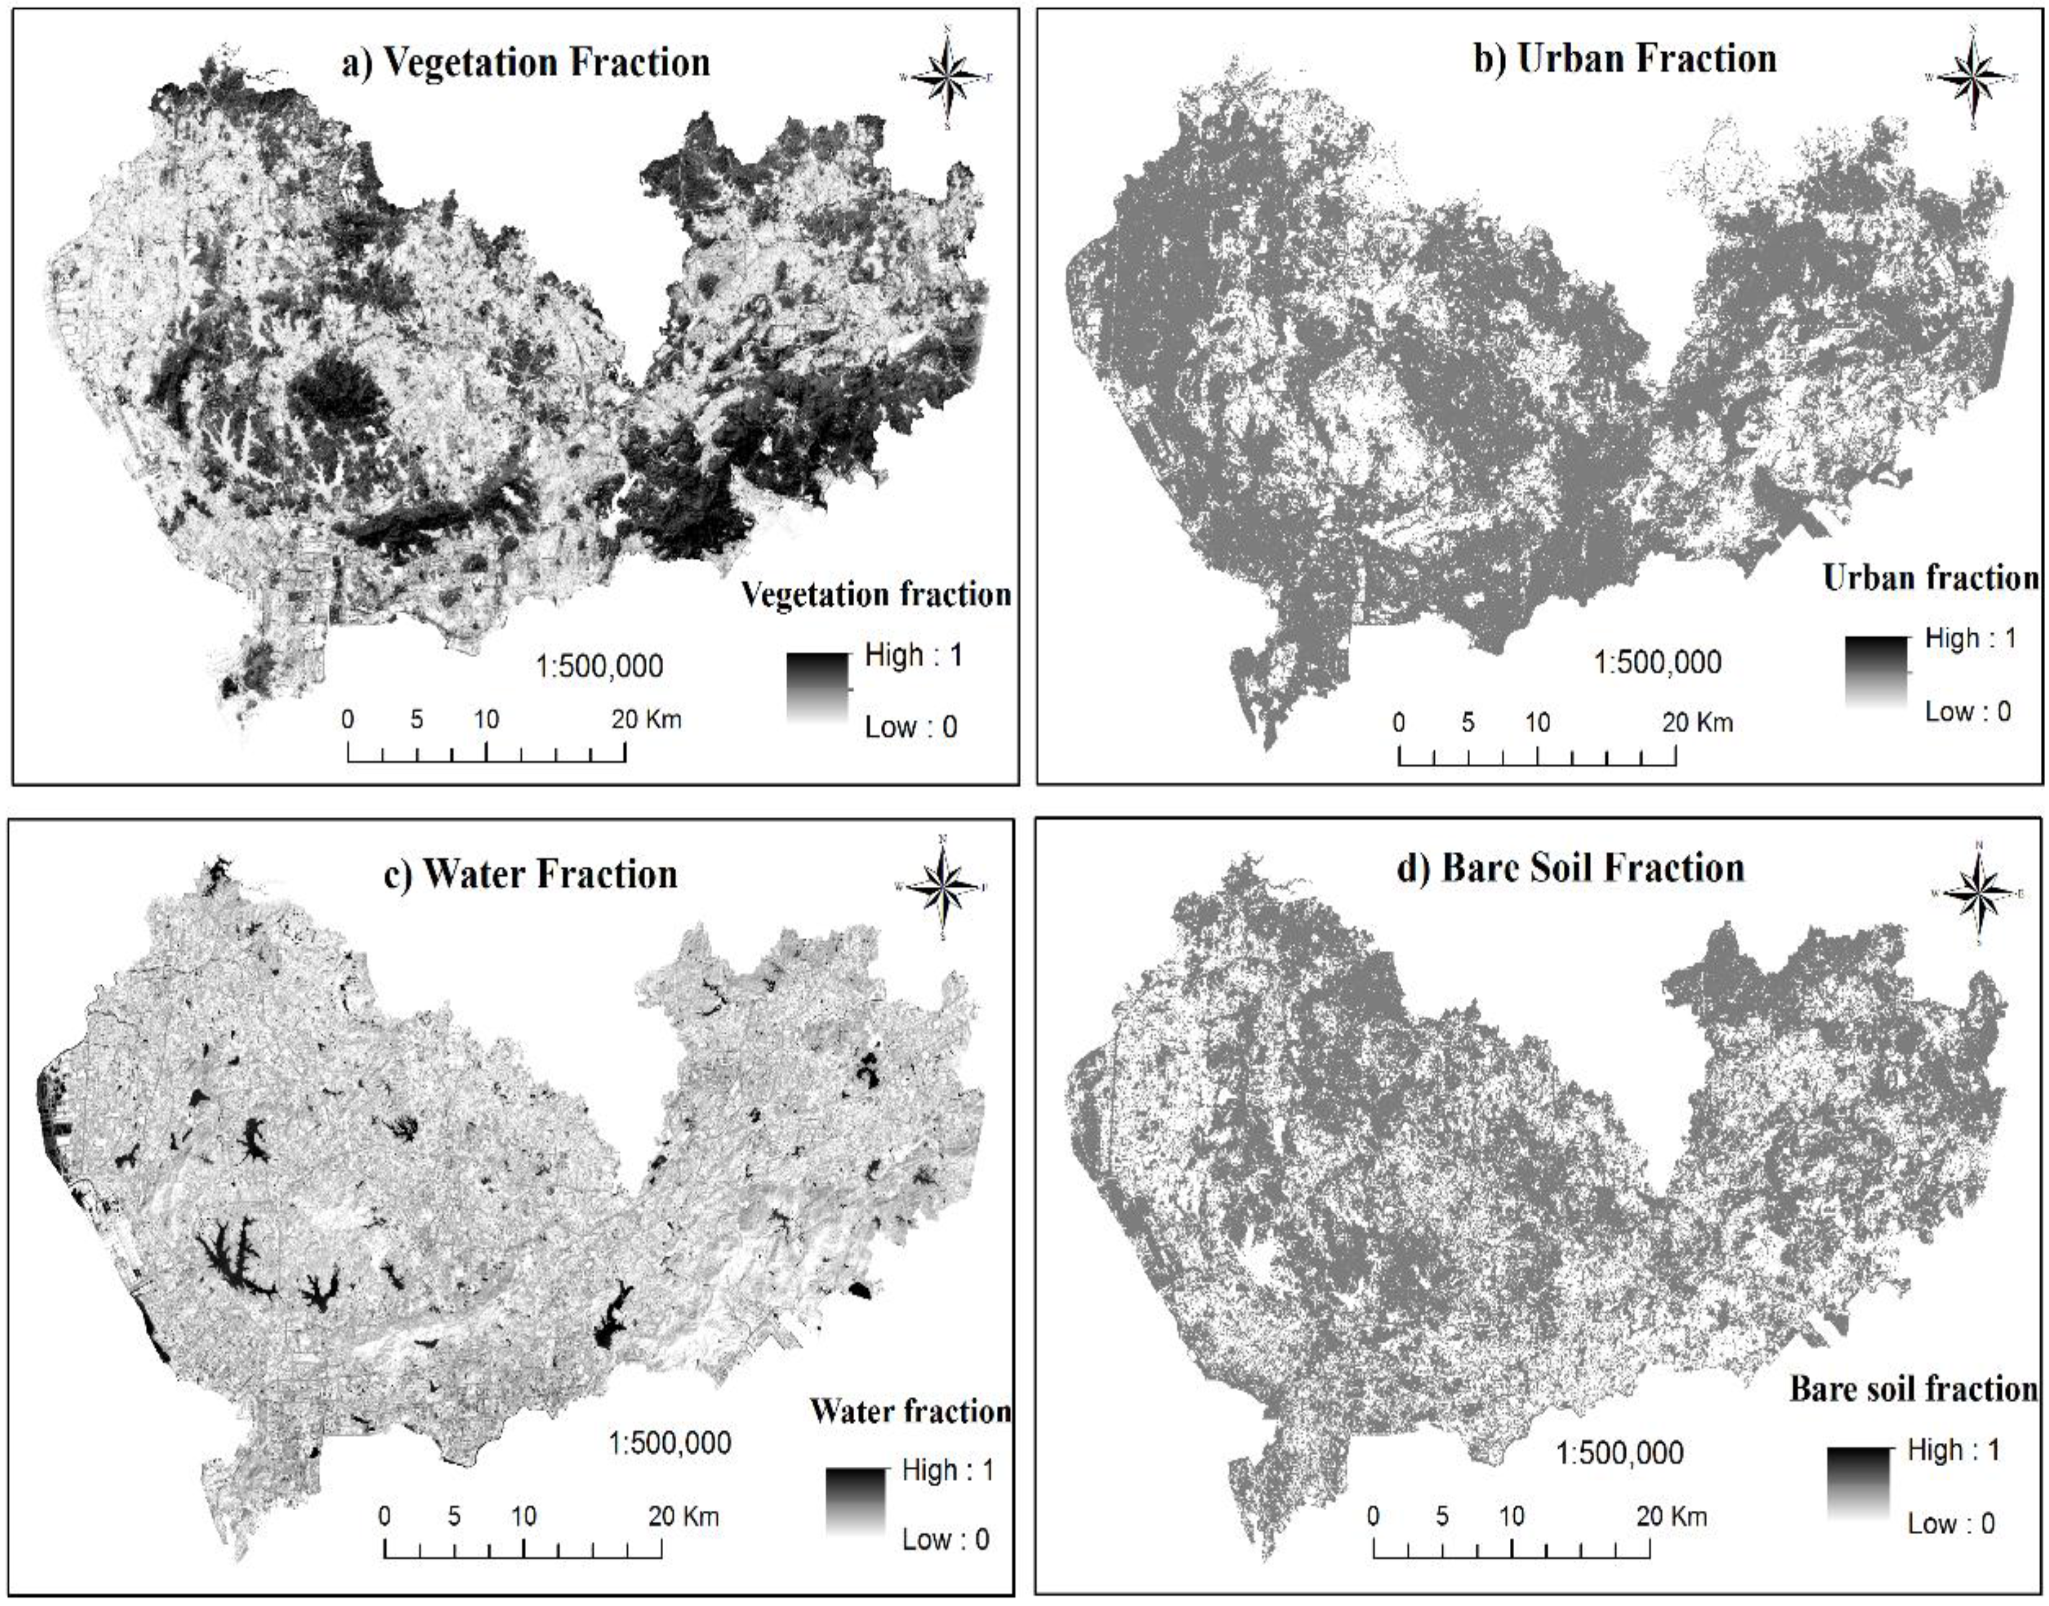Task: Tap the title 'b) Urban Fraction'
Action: click(x=1624, y=58)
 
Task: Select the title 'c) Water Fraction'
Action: click(x=531, y=874)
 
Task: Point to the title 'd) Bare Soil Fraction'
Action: click(x=1570, y=867)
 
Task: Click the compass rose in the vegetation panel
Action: click(x=947, y=77)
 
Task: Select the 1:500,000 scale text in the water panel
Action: click(x=670, y=1442)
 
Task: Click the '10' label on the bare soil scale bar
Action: click(x=1511, y=1516)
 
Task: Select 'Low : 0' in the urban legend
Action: click(x=1967, y=711)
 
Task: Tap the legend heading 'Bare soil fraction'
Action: click(x=1912, y=1389)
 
